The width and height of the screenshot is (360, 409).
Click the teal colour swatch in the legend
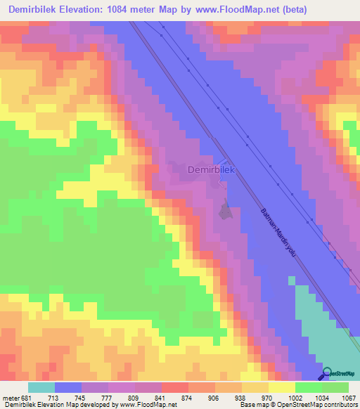41,387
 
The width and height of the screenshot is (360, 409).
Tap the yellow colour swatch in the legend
282,387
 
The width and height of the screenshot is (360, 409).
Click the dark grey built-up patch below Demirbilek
225,210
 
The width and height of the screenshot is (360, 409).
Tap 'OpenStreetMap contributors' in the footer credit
329,404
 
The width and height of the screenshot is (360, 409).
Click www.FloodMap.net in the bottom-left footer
148,404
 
